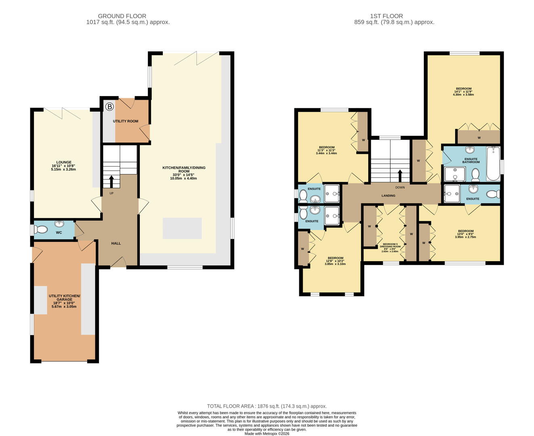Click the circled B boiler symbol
click(109, 107)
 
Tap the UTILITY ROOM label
click(126, 121)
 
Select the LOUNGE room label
click(64, 162)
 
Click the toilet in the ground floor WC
click(41, 230)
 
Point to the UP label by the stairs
click(111, 193)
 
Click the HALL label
click(116, 243)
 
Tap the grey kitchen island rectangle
click(182, 228)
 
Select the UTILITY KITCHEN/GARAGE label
click(65, 296)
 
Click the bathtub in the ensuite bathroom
click(493, 163)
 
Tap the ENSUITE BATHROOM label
click(471, 160)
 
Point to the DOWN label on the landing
click(400, 187)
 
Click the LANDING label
click(389, 196)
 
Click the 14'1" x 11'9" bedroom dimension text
click(464, 92)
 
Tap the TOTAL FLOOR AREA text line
click(267, 406)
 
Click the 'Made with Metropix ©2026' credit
click(267, 434)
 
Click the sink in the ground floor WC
click(59, 224)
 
